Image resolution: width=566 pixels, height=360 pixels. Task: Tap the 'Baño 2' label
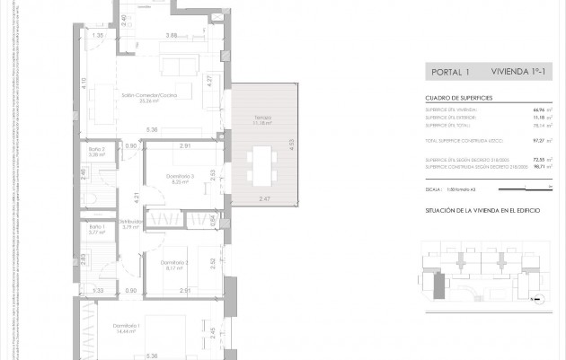97,149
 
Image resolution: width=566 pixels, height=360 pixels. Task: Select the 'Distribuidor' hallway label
131,222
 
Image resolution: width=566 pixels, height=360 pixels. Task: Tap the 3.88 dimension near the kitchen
172,35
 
